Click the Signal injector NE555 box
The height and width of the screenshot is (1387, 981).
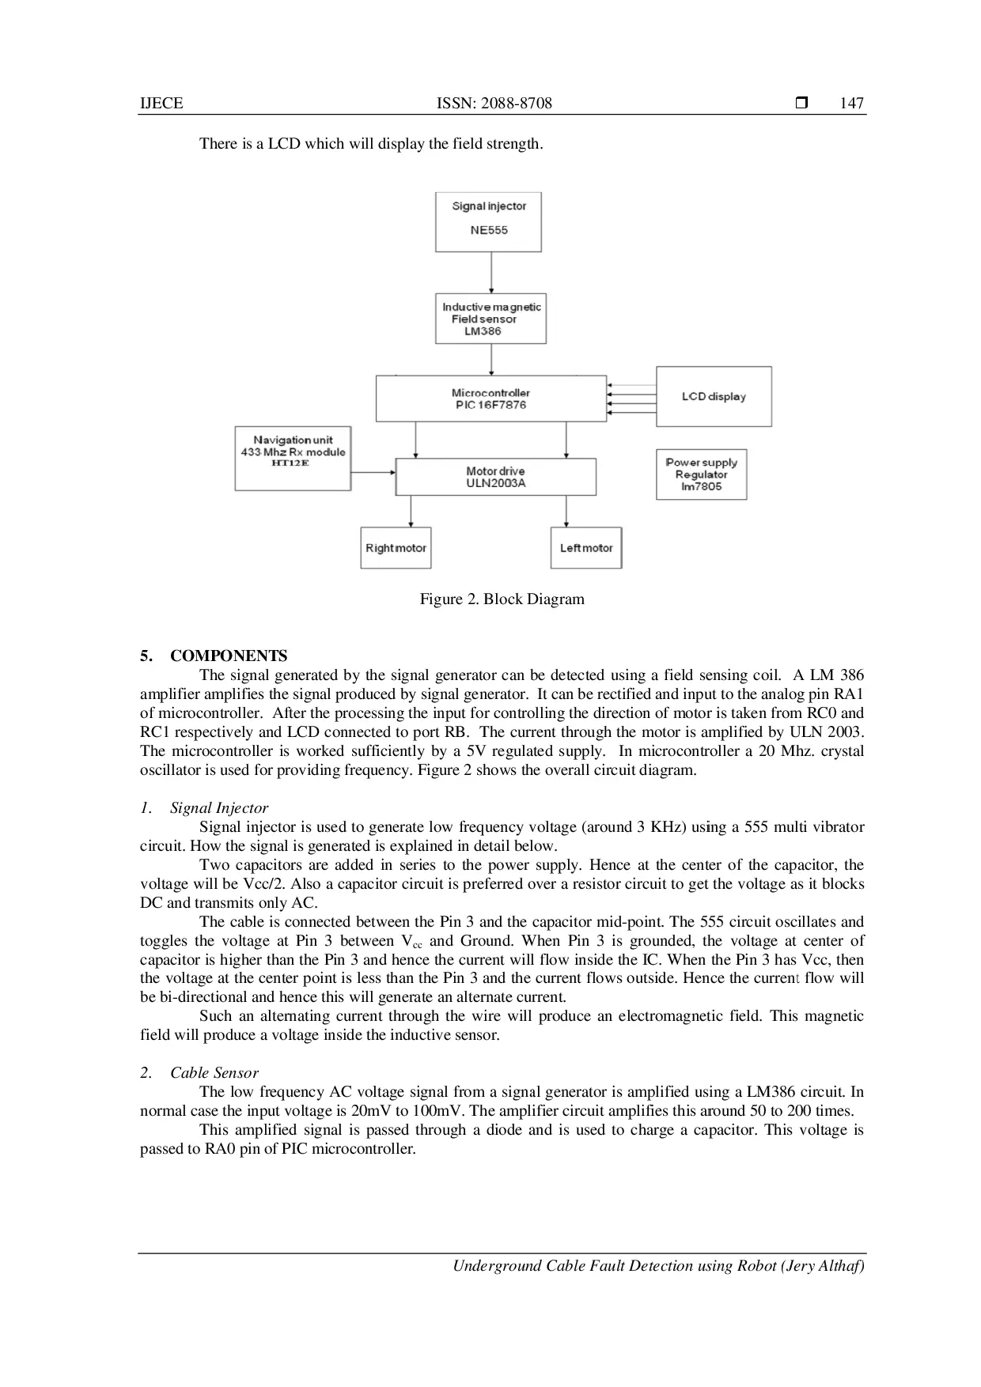tap(488, 221)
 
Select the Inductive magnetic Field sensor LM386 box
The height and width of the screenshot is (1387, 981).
tap(490, 319)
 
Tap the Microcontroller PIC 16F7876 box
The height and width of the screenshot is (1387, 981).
tap(490, 399)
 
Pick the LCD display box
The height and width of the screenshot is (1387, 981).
tap(714, 396)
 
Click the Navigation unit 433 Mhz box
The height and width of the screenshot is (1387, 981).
tap(293, 459)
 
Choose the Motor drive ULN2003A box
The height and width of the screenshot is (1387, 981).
tap(495, 477)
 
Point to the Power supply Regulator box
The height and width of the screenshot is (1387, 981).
tap(701, 474)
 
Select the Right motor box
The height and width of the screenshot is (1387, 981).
tap(396, 548)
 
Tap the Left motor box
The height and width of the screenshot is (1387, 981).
tap(586, 548)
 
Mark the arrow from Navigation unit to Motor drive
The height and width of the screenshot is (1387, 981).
tap(373, 473)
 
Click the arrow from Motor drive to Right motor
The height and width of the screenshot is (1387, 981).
tap(411, 512)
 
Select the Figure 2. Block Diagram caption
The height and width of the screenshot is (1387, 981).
tap(502, 599)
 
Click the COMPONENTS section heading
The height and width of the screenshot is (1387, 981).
tap(228, 656)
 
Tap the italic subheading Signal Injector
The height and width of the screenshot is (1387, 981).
tap(218, 808)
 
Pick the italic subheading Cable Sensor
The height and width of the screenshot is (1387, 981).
tap(214, 1073)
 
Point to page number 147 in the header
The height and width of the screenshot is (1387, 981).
tap(851, 103)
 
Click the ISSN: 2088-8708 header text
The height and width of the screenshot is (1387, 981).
tap(494, 103)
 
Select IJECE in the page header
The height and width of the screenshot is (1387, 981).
tap(161, 103)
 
